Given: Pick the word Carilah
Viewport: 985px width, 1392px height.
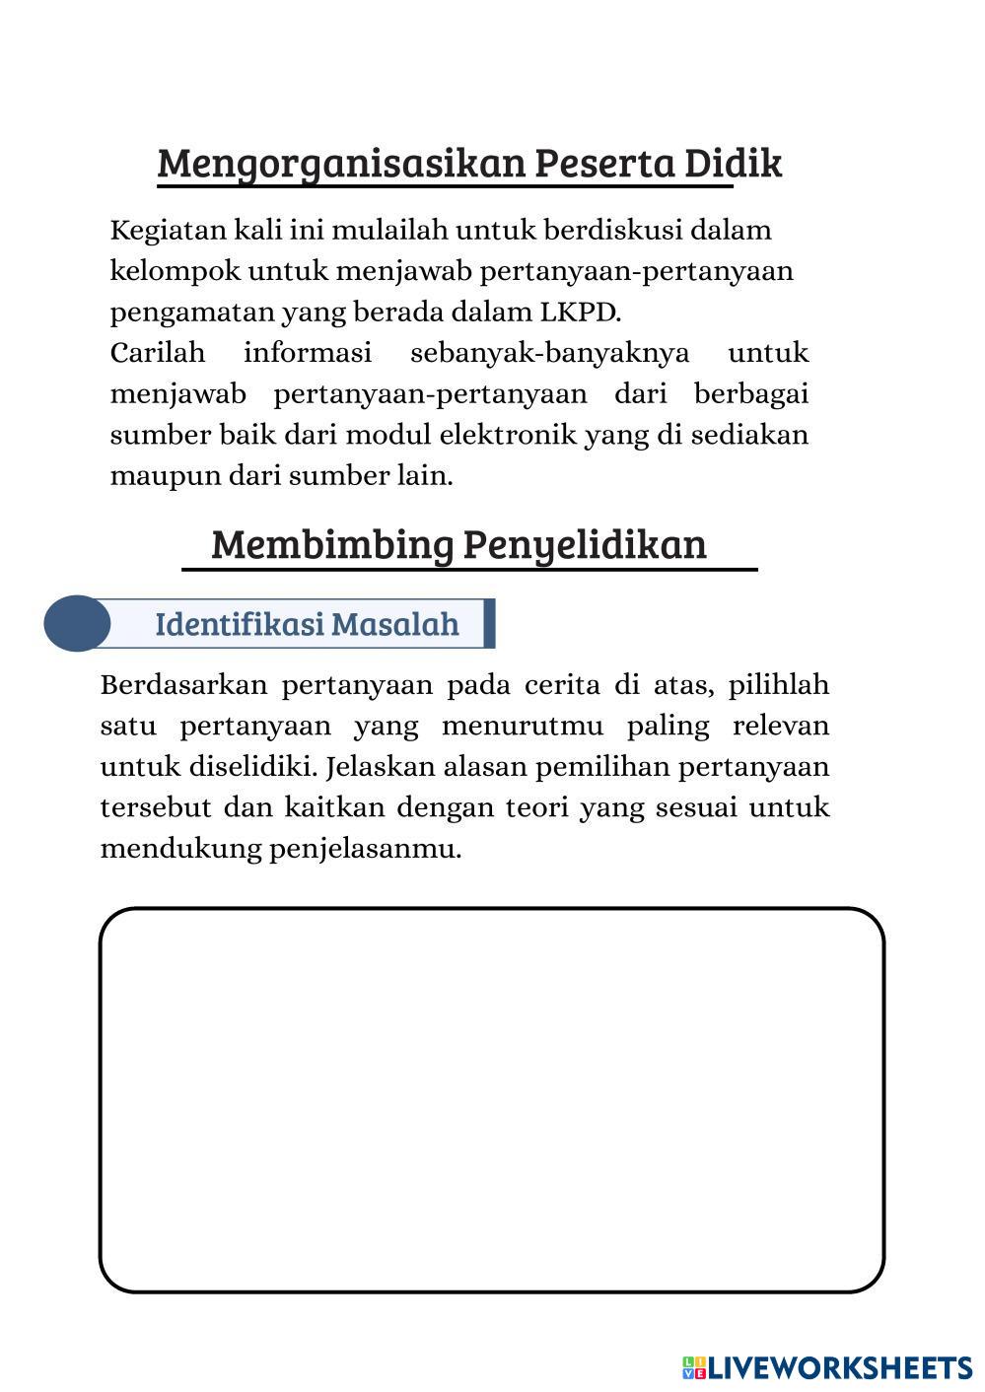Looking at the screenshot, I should [158, 353].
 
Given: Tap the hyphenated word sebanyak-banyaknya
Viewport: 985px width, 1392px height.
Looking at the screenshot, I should [549, 353].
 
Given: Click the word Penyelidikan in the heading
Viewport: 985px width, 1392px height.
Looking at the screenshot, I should [585, 545].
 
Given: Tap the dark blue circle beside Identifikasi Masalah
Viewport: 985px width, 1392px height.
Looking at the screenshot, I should [76, 623].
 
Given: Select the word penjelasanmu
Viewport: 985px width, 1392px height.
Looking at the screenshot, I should [365, 849].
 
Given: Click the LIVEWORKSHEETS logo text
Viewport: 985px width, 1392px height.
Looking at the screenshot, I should [839, 1367].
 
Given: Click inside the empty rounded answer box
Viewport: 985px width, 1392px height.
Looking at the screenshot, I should [491, 1099].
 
